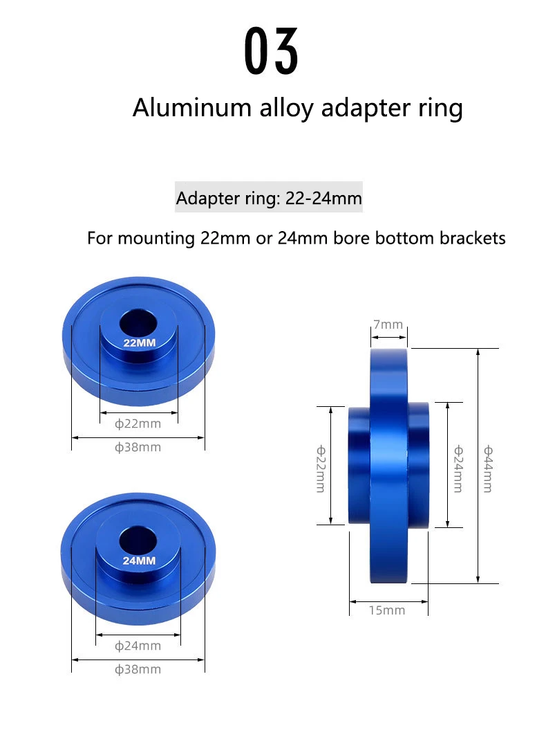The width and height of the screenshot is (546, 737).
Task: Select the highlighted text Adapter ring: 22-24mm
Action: pos(269,199)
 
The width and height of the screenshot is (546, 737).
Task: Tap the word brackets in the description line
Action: pos(472,238)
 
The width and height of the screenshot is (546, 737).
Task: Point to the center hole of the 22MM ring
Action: pos(138,322)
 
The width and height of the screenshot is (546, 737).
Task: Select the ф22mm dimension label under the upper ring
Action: pos(138,424)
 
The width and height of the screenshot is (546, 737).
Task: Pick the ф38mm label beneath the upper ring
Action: pos(138,447)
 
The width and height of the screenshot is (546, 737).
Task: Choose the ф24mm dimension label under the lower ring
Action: pos(138,646)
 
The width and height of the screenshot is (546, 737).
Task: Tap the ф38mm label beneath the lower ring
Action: pos(138,669)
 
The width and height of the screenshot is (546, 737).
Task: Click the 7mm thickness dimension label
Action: pos(388,325)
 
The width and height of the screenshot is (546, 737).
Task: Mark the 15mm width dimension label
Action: pos(387,610)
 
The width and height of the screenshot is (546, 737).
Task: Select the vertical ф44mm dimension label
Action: pos(487,468)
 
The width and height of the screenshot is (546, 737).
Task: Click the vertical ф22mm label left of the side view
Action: pos(320,468)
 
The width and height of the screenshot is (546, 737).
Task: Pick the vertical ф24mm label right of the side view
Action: pos(458,468)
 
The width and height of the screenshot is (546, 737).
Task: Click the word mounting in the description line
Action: pos(157,238)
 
